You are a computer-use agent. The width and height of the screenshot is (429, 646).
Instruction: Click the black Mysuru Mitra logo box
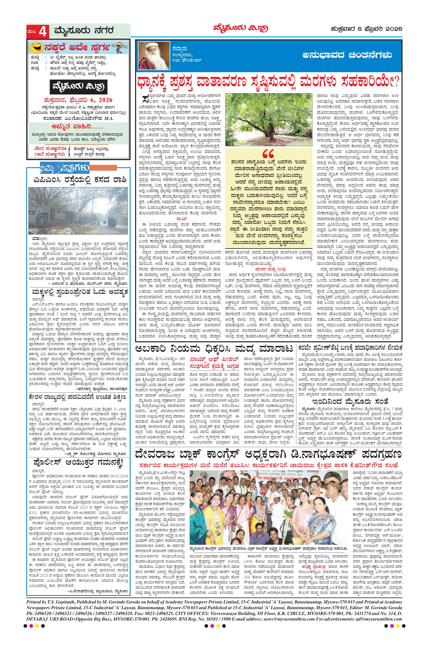(78, 87)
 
